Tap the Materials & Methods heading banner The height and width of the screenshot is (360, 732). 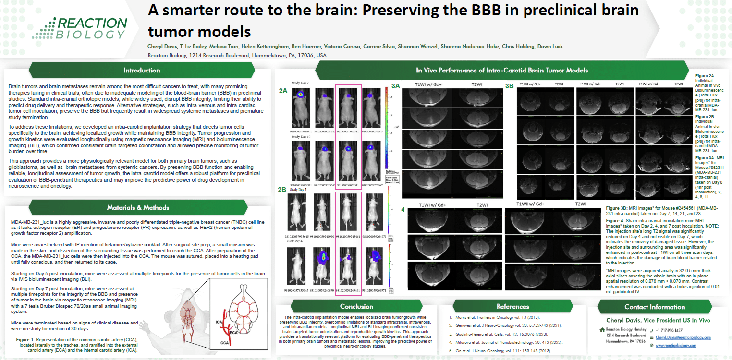point(138,207)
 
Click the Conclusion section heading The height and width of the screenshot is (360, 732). point(356,306)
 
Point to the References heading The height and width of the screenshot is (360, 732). point(512,306)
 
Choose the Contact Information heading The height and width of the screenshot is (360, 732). point(655,307)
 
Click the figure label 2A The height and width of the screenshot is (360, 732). point(283,91)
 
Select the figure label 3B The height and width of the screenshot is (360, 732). point(510,86)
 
